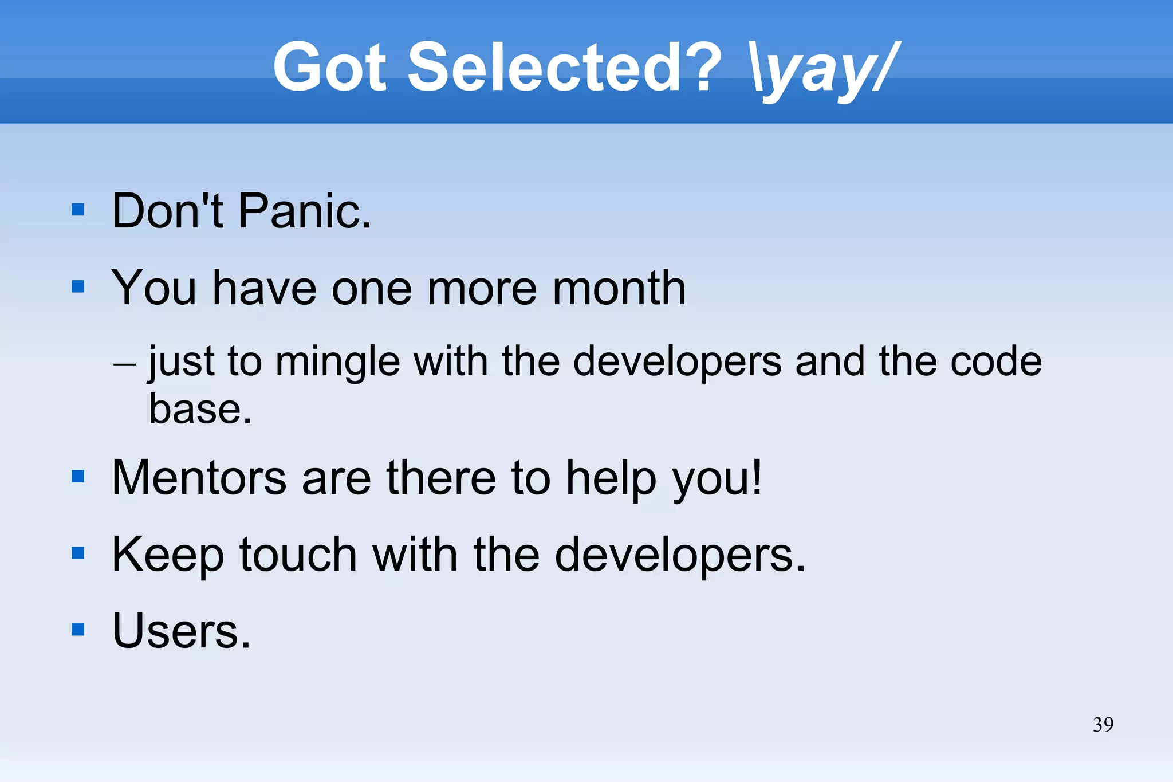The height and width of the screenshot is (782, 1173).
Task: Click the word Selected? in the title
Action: (564, 68)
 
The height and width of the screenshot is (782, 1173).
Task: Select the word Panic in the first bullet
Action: (305, 211)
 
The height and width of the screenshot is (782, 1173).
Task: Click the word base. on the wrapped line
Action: (200, 410)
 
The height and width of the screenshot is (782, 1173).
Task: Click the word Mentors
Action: (199, 478)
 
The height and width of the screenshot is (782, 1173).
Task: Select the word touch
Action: (298, 555)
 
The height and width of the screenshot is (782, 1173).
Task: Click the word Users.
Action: (181, 631)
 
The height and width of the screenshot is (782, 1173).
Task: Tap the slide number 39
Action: (1103, 725)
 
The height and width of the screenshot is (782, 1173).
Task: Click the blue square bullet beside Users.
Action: (78, 630)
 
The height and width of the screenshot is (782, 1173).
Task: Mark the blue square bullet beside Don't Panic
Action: (78, 210)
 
